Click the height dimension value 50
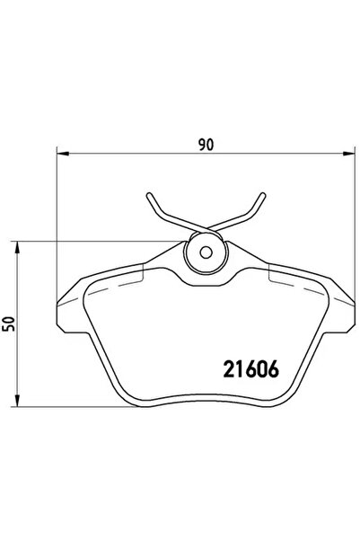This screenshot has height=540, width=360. pos(10,324)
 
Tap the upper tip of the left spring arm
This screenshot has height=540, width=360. pos(147,193)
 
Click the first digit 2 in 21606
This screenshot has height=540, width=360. pos(226,369)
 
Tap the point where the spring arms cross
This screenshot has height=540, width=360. pos(205,225)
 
